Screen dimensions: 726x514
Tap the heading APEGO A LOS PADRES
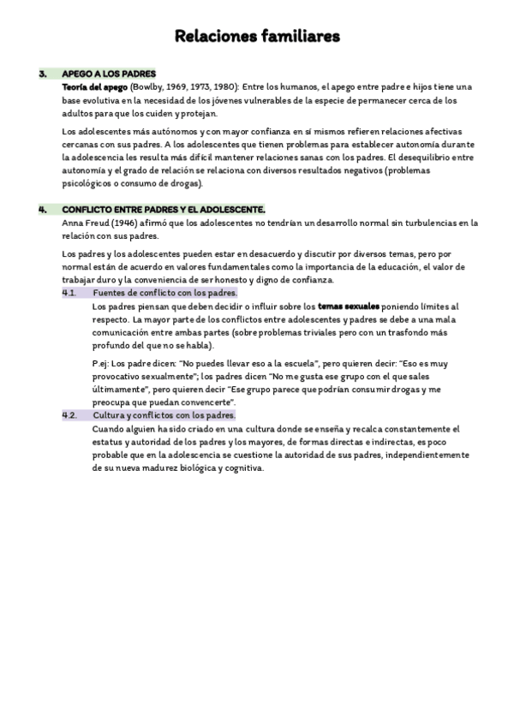click(x=109, y=74)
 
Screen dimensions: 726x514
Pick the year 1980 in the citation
click(x=221, y=86)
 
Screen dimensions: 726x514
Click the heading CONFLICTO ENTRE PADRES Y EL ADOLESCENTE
click(x=164, y=210)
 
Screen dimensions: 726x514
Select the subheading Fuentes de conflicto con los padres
click(x=164, y=292)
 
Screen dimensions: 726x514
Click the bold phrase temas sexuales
click(x=348, y=306)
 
